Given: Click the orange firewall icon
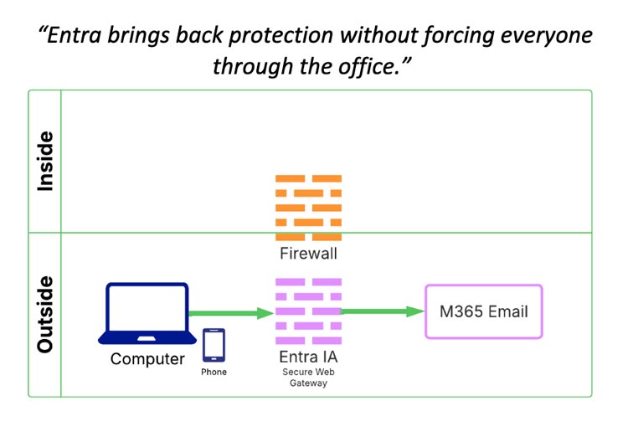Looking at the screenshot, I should [x=308, y=207].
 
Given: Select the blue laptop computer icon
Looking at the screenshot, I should [x=147, y=313].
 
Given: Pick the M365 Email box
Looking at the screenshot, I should [x=484, y=311].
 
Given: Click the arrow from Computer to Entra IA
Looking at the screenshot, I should [x=231, y=313].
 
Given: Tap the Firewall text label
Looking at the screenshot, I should [x=308, y=253].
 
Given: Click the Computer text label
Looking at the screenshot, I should [x=147, y=359].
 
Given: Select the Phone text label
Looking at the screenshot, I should [x=214, y=372].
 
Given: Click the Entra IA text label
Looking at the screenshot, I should [x=308, y=357].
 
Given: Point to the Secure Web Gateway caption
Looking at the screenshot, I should [x=308, y=378].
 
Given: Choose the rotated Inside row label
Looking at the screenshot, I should [x=44, y=162].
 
